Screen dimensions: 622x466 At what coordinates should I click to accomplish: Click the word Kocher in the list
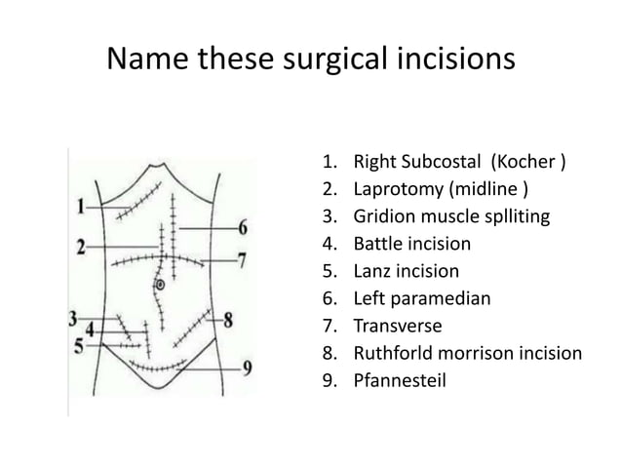524,162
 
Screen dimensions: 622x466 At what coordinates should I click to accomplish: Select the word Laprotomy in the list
399,189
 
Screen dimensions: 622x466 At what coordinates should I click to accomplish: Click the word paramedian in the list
441,299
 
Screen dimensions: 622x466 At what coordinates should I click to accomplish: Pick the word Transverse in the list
398,326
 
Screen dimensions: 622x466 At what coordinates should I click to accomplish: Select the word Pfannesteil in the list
400,380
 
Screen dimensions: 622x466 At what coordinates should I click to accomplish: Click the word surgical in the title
335,59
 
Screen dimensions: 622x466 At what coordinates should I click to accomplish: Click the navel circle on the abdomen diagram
160,285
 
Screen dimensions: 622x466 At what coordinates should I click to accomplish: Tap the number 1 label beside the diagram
81,207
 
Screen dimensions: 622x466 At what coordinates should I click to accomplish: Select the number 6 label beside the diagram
243,228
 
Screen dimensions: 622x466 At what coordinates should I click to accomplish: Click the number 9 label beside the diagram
247,369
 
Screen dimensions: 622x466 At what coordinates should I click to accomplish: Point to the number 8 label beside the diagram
228,320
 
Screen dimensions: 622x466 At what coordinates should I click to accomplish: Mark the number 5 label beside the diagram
79,346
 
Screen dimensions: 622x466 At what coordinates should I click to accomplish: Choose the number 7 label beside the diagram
242,260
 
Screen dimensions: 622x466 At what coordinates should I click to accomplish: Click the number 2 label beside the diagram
81,247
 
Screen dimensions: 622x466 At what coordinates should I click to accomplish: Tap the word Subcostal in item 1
441,162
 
